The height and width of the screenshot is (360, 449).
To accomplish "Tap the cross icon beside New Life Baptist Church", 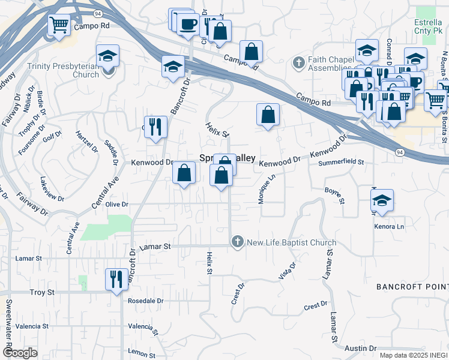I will coord(237,242).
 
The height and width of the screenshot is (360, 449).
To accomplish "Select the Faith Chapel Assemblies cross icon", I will coord(298,62).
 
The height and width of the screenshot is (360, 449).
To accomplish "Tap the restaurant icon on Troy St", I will coord(115,279).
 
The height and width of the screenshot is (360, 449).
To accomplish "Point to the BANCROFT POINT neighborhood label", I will coord(412,287).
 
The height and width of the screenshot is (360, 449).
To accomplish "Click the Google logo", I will coord(20,353).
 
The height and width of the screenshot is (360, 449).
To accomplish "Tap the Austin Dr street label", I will coord(360,348).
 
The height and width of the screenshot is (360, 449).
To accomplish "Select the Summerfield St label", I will coord(342,162).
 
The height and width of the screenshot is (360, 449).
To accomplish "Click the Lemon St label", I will coord(142,354).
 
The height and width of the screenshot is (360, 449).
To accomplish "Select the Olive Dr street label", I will coord(117,204).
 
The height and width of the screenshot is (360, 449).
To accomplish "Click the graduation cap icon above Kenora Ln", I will coord(382,200).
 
